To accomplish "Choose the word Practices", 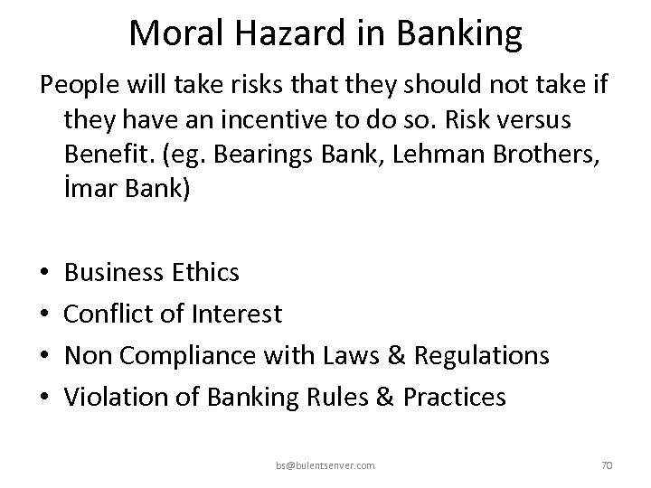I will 454,398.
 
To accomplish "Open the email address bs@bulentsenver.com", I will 325,465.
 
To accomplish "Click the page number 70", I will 607,465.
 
